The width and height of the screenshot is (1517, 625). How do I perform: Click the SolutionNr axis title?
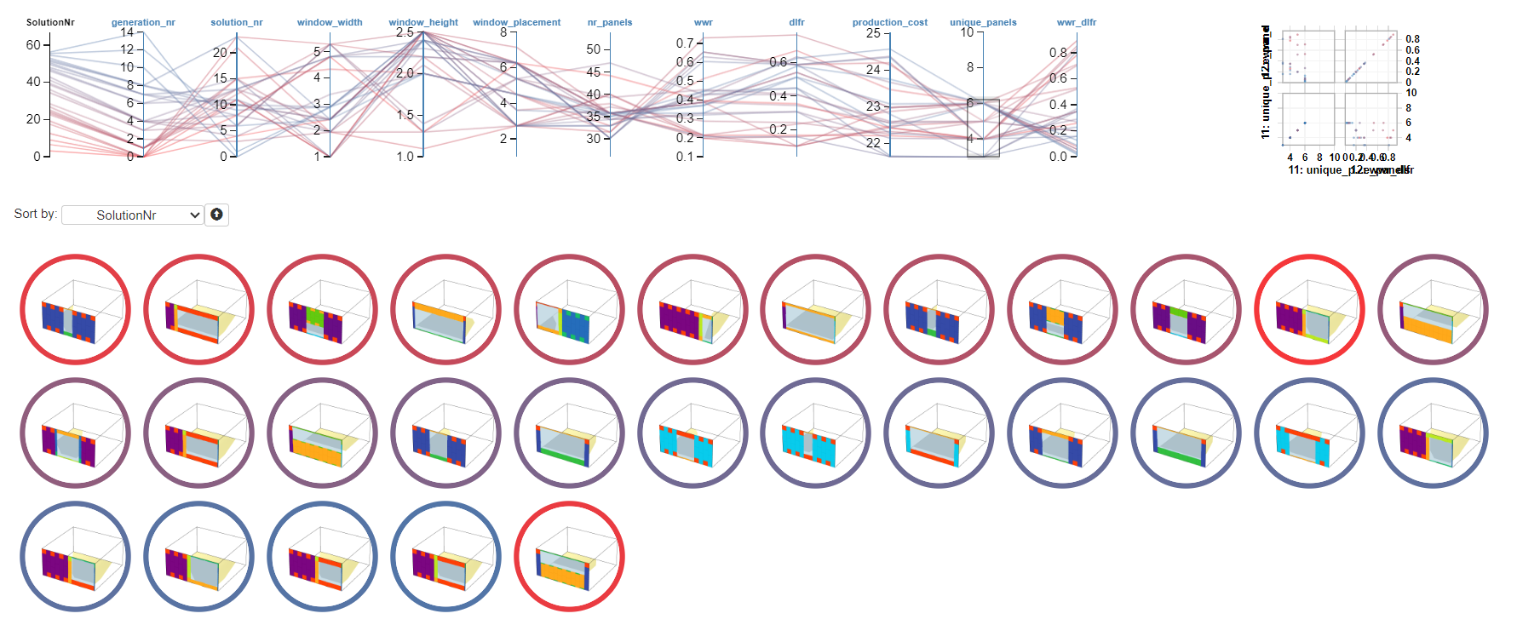point(50,22)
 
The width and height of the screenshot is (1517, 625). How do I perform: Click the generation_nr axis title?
point(143,22)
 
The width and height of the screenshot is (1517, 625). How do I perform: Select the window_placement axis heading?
point(516,22)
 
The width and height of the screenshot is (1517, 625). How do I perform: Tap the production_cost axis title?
point(889,22)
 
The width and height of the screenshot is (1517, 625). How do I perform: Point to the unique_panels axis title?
point(983,22)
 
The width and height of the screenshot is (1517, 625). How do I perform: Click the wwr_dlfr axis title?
point(1076,22)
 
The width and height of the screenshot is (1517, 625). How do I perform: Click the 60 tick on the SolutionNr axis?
point(33,45)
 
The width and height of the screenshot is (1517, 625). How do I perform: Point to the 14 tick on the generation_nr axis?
point(127,32)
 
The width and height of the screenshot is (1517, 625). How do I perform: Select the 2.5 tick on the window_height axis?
point(405,32)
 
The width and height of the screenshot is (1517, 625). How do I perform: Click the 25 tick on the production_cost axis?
point(873,33)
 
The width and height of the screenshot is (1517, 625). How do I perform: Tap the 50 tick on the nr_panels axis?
point(594,49)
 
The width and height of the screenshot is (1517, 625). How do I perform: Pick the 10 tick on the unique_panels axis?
point(967,32)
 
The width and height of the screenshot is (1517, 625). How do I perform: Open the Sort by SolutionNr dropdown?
point(132,215)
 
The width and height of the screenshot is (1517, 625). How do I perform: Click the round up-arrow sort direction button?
point(216,215)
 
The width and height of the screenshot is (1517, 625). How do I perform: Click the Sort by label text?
point(35,214)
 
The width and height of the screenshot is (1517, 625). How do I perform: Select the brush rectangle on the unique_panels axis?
point(983,128)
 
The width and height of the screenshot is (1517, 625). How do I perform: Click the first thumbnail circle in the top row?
point(75,309)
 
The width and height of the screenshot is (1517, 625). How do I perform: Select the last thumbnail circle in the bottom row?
point(569,556)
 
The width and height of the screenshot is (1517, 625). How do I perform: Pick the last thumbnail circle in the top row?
point(1433,309)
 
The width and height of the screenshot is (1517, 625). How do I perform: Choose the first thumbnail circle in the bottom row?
point(75,556)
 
